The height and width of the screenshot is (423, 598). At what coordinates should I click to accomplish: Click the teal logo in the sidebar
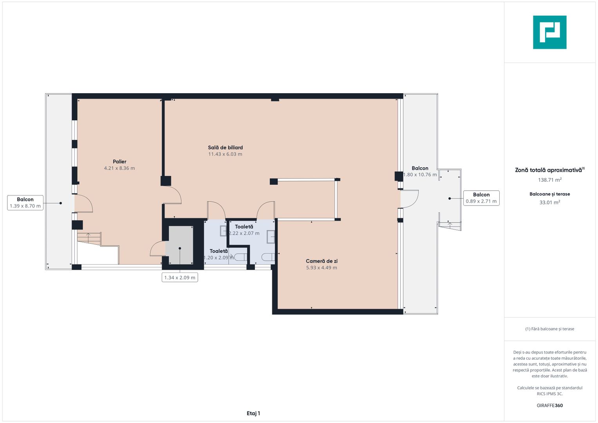(550, 32)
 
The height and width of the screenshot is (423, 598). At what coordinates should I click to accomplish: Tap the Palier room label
(119, 161)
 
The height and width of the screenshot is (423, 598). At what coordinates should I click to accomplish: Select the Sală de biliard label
(225, 147)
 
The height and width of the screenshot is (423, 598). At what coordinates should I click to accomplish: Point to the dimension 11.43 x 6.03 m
(225, 154)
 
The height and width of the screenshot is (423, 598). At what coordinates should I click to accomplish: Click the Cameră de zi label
(322, 261)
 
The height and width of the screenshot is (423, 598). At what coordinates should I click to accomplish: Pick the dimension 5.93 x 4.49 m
(322, 268)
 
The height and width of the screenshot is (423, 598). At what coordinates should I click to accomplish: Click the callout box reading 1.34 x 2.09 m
(180, 277)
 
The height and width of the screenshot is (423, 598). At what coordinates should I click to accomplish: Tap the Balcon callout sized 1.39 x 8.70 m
(25, 203)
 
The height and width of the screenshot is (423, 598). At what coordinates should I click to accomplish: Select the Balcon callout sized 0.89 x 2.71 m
(481, 198)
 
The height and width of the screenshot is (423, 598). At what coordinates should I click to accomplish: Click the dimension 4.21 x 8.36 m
(119, 168)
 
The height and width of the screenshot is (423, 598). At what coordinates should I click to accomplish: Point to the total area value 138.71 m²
(550, 180)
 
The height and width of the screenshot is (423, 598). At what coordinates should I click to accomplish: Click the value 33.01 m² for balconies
(550, 202)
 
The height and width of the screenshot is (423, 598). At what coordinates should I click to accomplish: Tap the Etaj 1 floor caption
(253, 413)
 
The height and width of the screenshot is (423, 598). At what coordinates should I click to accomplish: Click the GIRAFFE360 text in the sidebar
(550, 405)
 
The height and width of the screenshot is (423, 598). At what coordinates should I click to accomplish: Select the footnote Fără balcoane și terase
(550, 329)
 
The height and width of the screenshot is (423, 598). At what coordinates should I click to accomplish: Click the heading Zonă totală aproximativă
(550, 170)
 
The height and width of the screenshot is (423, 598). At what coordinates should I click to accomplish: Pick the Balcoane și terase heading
(550, 194)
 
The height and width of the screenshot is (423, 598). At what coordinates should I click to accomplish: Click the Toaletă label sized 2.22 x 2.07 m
(244, 227)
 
